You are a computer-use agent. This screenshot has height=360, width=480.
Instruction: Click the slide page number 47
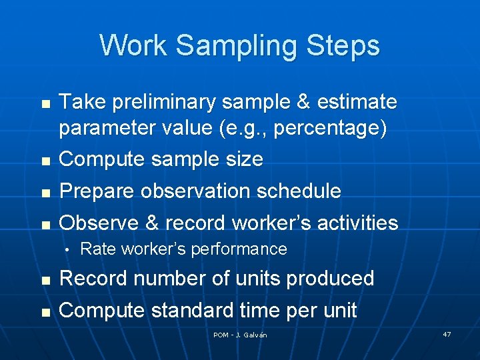point(446,333)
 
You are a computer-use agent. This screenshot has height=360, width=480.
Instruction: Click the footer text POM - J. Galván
point(240,335)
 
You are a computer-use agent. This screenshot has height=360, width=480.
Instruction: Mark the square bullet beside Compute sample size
point(45,161)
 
